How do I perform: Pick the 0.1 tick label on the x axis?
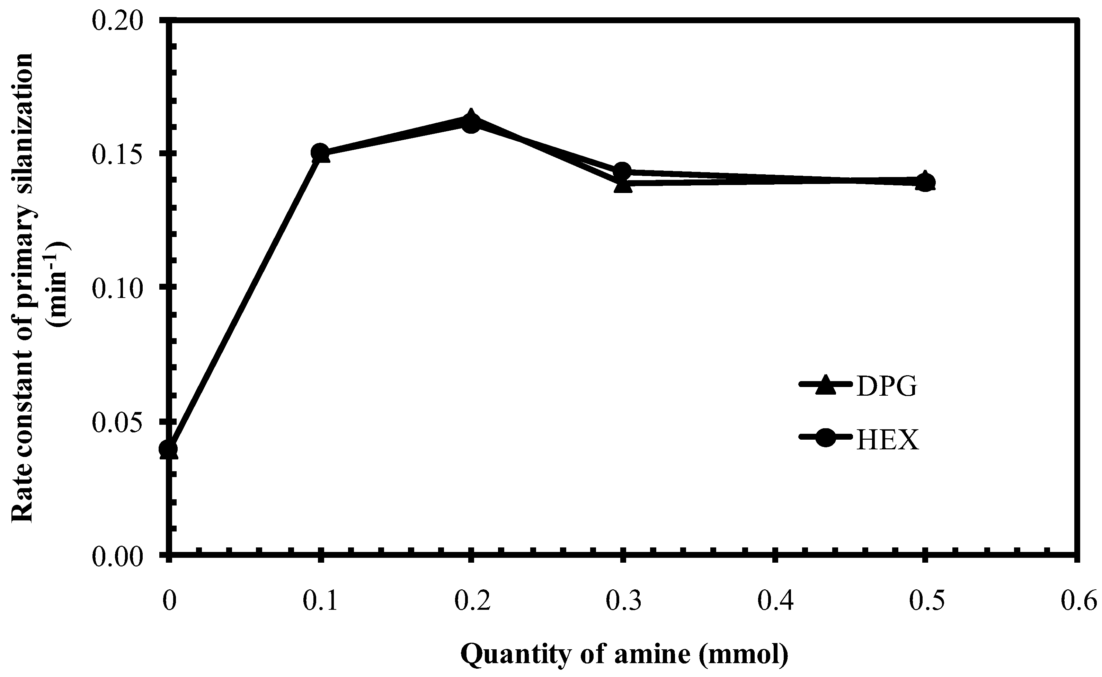[320, 602]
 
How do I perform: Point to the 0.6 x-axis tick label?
[1078, 602]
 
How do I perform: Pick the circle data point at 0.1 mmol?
[320, 152]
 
